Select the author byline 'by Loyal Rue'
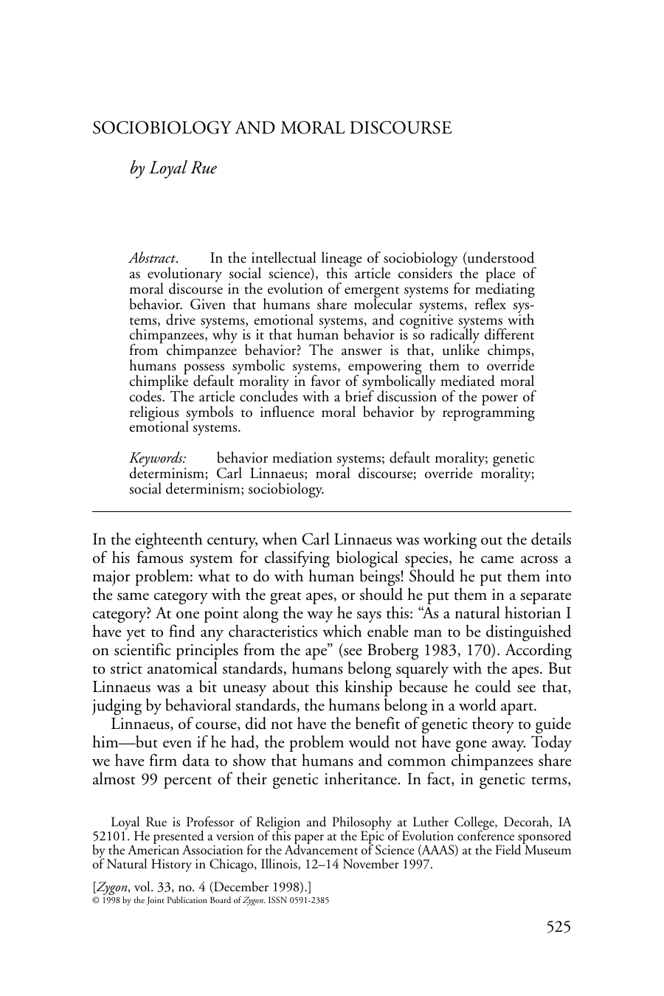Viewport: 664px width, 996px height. [x=173, y=168]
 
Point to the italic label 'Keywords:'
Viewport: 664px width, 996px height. [x=157, y=458]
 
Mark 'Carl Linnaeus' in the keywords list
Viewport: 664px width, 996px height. [x=260, y=474]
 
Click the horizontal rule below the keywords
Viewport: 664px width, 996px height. [x=331, y=511]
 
